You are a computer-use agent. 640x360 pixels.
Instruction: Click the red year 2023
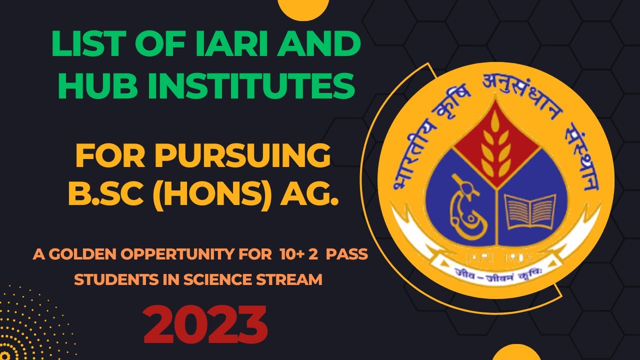(x=205, y=323)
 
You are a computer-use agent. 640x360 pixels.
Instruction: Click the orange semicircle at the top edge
(x=303, y=6)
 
